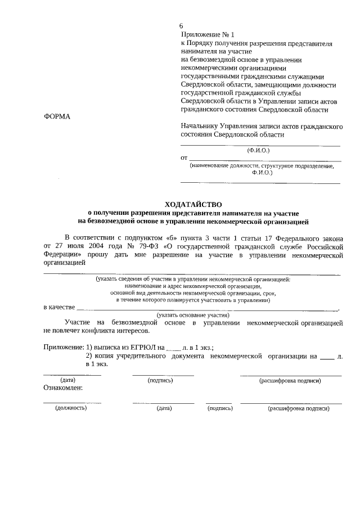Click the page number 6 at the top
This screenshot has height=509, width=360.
click(181, 26)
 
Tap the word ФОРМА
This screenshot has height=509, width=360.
click(57, 116)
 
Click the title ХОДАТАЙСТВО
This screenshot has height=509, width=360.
click(193, 204)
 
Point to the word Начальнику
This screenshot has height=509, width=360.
click(200, 127)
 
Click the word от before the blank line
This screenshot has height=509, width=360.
click(183, 157)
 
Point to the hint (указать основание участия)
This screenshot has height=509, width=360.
click(193, 315)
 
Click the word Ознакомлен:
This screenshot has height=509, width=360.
click(63, 388)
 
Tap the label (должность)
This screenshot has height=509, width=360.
click(71, 408)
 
